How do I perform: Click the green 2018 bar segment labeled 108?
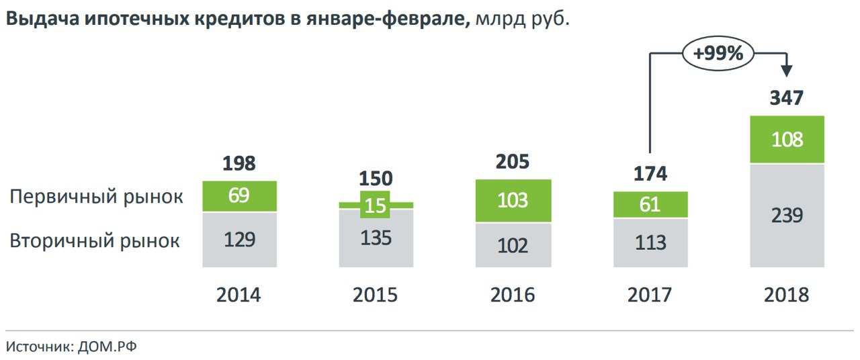[x=787, y=140]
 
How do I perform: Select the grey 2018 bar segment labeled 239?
[x=787, y=215]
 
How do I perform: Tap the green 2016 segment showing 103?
[x=513, y=201]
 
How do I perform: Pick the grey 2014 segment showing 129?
[x=239, y=239]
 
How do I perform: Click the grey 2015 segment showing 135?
[x=376, y=238]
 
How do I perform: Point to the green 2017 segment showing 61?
[x=650, y=204]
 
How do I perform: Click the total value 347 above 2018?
[x=787, y=98]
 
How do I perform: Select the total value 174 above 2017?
[x=650, y=174]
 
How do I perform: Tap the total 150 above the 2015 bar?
[x=376, y=179]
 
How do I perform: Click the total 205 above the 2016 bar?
[x=513, y=162]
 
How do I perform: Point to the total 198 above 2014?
[x=239, y=163]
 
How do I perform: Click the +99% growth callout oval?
[x=718, y=54]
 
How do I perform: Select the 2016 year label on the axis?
[x=513, y=296]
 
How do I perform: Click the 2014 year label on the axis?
[x=239, y=296]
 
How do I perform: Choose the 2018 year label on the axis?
[x=787, y=296]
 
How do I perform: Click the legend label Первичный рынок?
[x=96, y=197]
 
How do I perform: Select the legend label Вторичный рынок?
[x=95, y=240]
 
